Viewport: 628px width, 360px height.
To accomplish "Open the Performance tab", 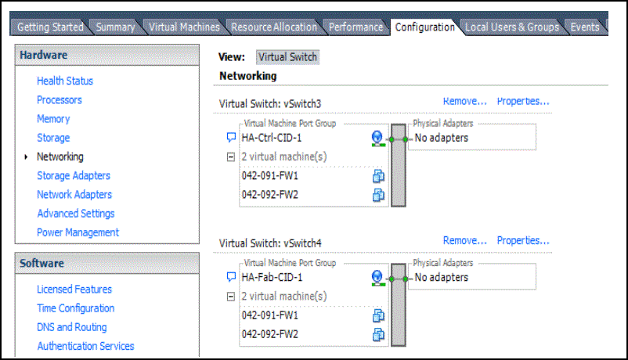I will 356,27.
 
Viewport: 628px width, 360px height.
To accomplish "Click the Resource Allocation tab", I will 273,27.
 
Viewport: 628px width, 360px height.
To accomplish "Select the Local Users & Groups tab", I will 511,27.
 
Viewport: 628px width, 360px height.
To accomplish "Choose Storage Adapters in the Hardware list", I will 74,175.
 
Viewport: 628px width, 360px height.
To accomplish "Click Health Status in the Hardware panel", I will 65,81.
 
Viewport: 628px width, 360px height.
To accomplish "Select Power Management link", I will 78,232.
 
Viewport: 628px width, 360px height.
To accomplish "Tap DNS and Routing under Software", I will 72,327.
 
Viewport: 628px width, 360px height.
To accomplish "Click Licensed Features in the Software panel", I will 74,290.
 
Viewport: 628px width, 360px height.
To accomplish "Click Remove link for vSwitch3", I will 465,101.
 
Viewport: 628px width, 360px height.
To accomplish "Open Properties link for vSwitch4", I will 523,240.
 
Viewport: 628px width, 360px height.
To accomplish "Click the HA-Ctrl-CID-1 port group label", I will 272,138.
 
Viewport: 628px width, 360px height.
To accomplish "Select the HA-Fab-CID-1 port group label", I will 272,277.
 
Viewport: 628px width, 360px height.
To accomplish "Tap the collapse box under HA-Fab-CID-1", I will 230,297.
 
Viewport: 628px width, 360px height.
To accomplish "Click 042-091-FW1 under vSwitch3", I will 270,176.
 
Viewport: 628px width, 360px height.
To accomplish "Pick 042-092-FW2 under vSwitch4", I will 270,334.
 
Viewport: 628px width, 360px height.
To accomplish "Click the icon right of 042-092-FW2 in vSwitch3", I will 378,195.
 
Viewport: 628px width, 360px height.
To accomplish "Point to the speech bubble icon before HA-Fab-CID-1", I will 231,277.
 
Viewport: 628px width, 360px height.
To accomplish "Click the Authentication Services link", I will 85,346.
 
